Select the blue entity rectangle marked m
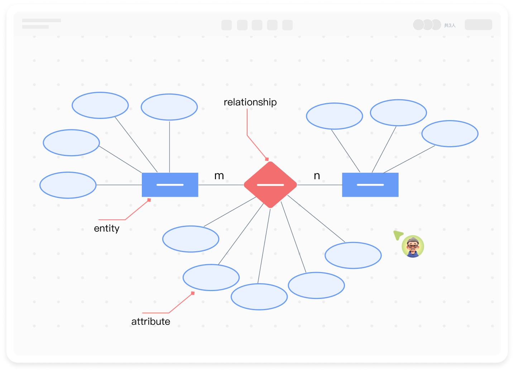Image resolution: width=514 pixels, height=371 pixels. click(170, 185)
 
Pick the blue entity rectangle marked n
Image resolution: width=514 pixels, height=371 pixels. click(370, 185)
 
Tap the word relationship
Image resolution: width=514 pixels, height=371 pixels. click(250, 102)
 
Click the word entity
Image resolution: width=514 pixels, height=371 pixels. click(106, 228)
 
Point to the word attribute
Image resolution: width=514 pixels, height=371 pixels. click(150, 322)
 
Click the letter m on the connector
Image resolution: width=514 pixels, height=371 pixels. click(219, 176)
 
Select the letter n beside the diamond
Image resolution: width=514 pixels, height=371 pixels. click(317, 176)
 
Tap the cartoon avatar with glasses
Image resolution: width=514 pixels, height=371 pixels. click(413, 247)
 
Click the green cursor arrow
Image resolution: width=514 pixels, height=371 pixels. click(398, 235)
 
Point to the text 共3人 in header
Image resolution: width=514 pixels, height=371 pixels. click(450, 25)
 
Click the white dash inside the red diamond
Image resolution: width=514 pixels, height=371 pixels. click(270, 185)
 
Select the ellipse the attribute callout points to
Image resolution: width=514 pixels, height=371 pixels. click(211, 277)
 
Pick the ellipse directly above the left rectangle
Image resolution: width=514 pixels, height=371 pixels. click(169, 107)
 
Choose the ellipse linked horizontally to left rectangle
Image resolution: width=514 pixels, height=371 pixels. click(68, 185)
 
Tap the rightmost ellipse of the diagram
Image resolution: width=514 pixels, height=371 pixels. click(450, 134)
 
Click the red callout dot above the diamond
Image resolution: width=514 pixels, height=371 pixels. click(267, 159)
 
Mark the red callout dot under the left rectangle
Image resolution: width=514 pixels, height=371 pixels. click(149, 200)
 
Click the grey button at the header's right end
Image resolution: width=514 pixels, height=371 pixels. click(478, 25)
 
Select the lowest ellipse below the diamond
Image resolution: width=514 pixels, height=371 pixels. click(259, 297)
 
